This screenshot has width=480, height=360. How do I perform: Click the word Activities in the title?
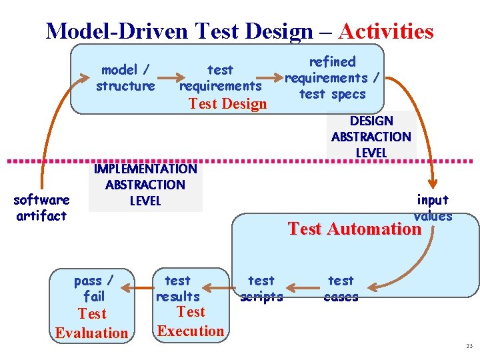pos(386,31)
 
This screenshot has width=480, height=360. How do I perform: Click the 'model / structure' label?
pos(125,78)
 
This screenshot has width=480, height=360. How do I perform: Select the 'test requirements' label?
pos(221,78)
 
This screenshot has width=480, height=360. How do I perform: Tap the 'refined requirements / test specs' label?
pos(332,78)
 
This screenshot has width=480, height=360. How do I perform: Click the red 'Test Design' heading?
pos(227,104)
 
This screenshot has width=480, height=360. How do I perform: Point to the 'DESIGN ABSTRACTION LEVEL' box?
pos(371,137)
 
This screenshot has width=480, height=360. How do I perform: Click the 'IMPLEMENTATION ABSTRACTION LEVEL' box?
pos(145,185)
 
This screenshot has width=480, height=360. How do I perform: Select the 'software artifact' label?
pos(41,208)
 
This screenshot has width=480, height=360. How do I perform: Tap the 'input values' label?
pos(433,207)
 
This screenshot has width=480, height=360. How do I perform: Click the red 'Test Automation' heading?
pos(354,229)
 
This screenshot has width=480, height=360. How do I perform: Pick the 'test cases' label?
pos(341,289)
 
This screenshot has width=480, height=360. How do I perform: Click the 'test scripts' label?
pos(261,289)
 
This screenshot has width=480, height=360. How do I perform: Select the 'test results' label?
pos(177,289)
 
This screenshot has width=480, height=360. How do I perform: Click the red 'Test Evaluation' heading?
pos(92,323)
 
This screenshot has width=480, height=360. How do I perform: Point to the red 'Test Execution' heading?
pos(191,321)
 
